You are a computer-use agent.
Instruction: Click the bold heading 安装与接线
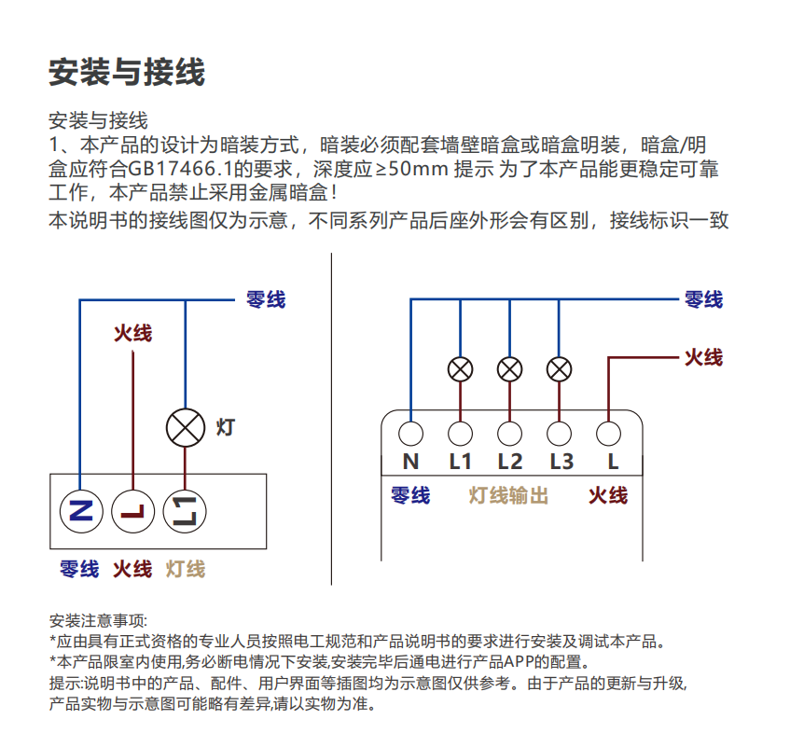pos(127,72)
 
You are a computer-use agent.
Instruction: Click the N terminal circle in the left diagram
pos(82,510)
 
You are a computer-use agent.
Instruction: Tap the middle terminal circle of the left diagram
pos(133,510)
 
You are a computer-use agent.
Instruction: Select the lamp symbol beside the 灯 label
pos(185,428)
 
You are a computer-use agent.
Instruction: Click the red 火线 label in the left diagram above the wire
pos(133,333)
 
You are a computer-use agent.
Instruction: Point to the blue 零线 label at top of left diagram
pos(265,299)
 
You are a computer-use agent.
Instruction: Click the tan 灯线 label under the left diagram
pos(186,568)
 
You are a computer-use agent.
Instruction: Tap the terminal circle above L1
pos(460,433)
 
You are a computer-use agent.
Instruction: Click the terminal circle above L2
pos(509,433)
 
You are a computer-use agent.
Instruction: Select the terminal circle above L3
pos(559,433)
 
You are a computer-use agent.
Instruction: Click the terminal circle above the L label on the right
pos(608,433)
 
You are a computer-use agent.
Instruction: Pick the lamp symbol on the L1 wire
pos(460,369)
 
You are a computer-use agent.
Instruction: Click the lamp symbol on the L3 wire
pos(559,369)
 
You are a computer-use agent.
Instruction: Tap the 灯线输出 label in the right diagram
pos(508,495)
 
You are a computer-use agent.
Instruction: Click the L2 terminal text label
pos(509,461)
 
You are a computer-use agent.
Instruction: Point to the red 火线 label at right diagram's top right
pos(703,357)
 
